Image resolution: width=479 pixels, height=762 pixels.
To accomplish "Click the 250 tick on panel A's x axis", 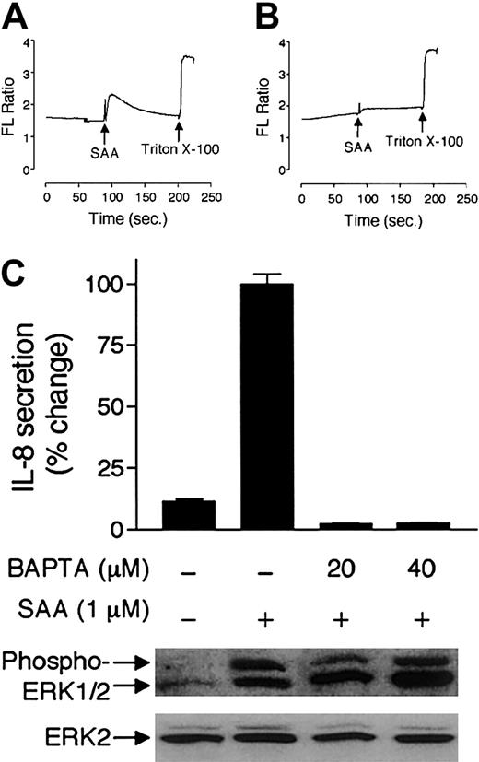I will click(x=212, y=197).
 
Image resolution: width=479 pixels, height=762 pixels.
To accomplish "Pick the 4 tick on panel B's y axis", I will click(x=292, y=41).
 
